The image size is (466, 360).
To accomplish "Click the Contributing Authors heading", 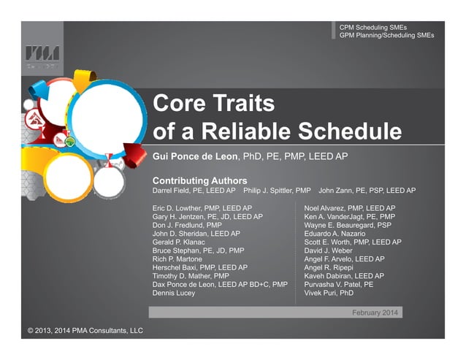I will click(199, 180).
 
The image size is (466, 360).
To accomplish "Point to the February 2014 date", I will click(375, 312).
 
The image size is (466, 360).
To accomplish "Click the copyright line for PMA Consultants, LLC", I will click(85, 331).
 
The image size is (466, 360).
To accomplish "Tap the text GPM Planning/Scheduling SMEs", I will click(386, 34).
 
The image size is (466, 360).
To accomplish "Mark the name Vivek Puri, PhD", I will click(329, 293).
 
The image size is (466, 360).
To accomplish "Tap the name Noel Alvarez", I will click(326, 208).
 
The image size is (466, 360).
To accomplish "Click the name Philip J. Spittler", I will click(271, 191).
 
